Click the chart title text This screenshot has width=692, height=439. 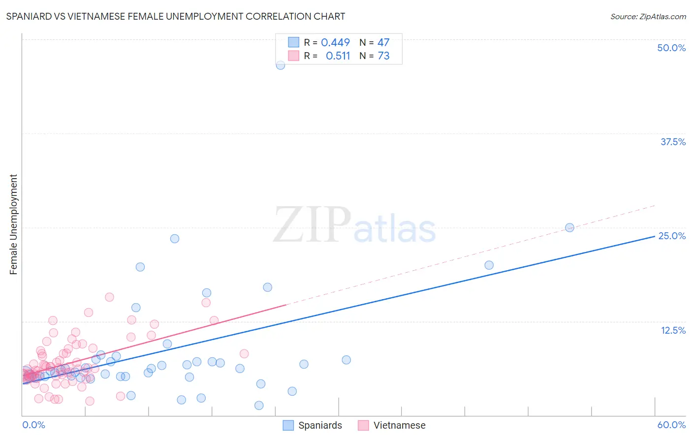[x=176, y=16]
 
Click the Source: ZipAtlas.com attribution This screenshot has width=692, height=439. [x=648, y=16]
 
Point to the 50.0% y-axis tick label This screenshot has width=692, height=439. [x=671, y=48]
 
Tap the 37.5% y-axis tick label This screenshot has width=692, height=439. [x=673, y=142]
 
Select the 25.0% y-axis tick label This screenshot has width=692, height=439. [x=672, y=236]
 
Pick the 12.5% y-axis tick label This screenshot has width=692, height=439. [x=673, y=330]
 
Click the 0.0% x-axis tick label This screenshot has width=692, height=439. [x=33, y=425]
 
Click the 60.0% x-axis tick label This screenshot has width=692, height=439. [x=671, y=425]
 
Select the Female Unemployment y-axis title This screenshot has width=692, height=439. [x=13, y=224]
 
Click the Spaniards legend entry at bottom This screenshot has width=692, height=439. [x=313, y=425]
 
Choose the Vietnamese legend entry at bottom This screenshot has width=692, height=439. [x=392, y=425]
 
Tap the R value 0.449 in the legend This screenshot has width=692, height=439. [x=335, y=42]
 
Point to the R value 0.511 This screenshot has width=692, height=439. [x=338, y=56]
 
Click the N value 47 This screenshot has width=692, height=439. [x=383, y=42]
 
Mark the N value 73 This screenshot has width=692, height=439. [x=383, y=56]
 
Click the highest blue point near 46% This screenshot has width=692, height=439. [x=281, y=65]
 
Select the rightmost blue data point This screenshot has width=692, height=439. [x=569, y=227]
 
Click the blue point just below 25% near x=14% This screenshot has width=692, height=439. [x=175, y=239]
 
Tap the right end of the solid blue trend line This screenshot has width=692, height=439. [x=654, y=236]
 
